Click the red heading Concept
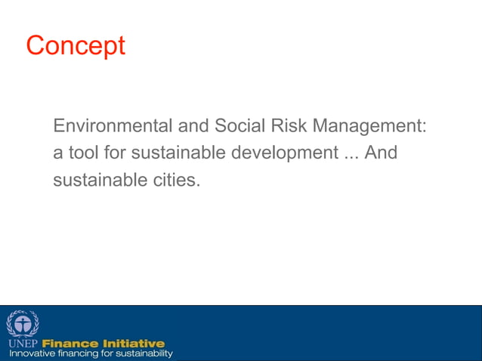[x=76, y=46]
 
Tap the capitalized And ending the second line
[x=381, y=153]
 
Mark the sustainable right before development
[x=180, y=153]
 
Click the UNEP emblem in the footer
[x=23, y=323]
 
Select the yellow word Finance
[x=70, y=344]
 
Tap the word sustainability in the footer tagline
[x=144, y=353]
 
